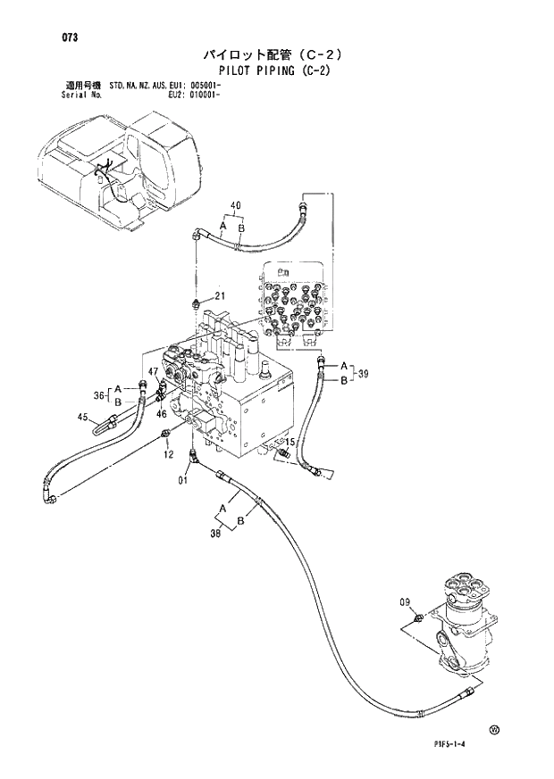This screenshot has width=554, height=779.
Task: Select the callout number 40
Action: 235,206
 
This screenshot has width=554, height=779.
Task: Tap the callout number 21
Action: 219,296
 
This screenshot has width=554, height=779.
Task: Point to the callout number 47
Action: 154,372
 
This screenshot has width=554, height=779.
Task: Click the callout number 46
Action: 162,414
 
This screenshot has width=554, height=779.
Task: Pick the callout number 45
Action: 82,417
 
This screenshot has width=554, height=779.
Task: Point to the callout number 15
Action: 290,442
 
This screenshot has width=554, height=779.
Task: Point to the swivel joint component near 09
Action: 461,625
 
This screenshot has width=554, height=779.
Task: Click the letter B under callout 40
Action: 240,228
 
